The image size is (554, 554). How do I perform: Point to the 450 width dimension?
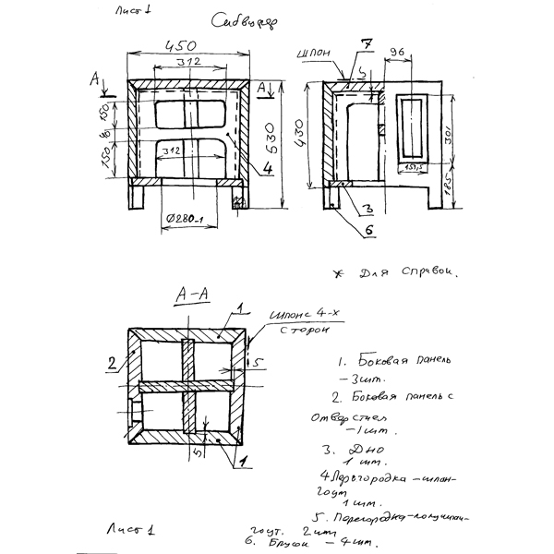click(x=180, y=45)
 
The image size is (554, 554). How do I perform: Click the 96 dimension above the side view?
click(x=399, y=53)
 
